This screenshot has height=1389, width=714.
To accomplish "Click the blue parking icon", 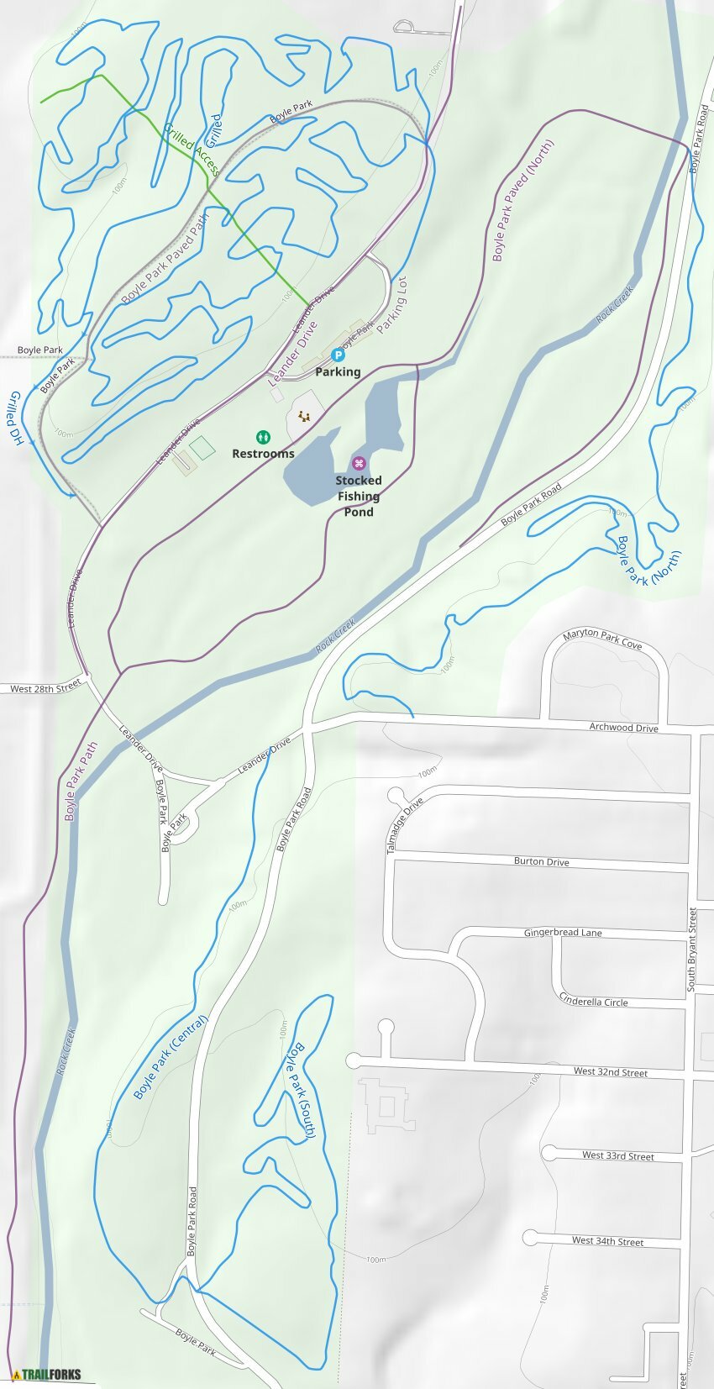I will (x=339, y=355).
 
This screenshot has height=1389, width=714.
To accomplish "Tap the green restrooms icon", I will (x=264, y=437).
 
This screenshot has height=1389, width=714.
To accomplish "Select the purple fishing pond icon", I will (x=359, y=464).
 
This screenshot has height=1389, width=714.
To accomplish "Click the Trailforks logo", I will (x=47, y=1375).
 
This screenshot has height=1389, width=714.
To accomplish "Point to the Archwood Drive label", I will (x=623, y=728).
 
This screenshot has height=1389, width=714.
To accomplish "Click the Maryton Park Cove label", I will (x=602, y=639).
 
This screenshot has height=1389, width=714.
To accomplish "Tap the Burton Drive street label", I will (x=541, y=862).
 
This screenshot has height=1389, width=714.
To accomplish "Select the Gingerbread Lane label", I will (x=563, y=933).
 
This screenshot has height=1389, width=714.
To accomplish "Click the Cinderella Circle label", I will (x=594, y=999).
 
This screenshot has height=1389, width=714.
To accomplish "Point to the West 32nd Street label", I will (x=611, y=1072).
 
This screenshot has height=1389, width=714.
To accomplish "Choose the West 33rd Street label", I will (x=618, y=1156).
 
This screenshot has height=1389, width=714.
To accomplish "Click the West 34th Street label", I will (x=607, y=1241).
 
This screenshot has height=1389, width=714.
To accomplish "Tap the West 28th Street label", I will (x=45, y=688).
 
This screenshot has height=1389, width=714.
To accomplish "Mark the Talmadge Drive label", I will (x=404, y=826).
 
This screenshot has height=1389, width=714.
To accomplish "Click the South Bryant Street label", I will (x=693, y=950).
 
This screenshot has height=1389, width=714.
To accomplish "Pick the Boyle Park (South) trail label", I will (x=299, y=1090).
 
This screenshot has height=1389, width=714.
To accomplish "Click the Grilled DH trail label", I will (x=15, y=417).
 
